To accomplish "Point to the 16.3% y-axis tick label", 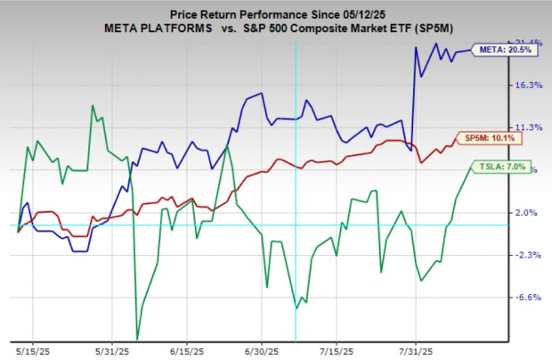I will pyautogui.click(x=530, y=85).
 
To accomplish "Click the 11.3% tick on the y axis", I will pyautogui.click(x=530, y=127).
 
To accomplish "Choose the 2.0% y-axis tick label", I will pyautogui.click(x=530, y=213).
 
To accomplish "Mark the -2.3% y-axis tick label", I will pyautogui.click(x=530, y=256).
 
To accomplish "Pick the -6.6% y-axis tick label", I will pyautogui.click(x=530, y=298).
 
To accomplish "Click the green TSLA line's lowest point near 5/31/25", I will pyautogui.click(x=137, y=339).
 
